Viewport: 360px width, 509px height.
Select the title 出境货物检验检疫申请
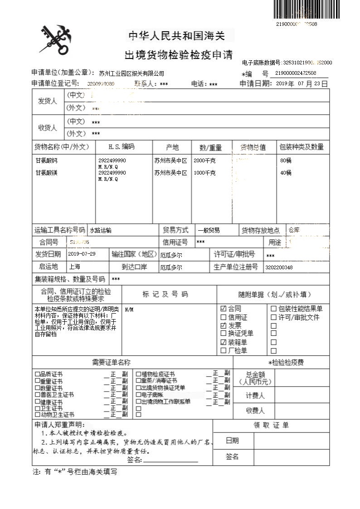point(178,55)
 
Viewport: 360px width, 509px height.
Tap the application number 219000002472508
point(296,73)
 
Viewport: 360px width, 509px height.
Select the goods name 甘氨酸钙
point(47,161)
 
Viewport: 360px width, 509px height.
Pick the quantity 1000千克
point(204,173)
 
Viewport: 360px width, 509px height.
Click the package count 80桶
point(286,161)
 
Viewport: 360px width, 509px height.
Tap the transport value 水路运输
point(101,230)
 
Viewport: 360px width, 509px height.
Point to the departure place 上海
point(75,267)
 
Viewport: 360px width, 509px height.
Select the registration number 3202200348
point(279,267)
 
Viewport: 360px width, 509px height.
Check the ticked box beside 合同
point(223,309)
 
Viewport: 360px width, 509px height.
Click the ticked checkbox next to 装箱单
point(223,343)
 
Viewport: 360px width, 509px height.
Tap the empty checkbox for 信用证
point(223,317)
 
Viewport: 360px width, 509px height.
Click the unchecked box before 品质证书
point(37,374)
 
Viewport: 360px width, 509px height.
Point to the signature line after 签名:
point(170,461)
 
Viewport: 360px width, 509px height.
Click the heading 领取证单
point(271,426)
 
